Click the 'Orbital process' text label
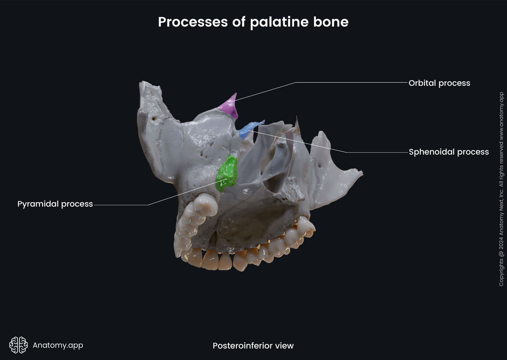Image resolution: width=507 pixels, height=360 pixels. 439,83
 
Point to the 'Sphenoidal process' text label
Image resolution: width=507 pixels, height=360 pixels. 449,152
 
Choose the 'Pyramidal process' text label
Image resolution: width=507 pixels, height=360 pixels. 55,204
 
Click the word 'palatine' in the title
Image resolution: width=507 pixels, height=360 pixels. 279,22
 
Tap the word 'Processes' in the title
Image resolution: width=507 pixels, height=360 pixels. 193,22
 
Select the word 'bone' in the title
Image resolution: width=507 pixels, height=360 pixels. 331,22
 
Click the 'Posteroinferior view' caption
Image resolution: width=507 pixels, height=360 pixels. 253,346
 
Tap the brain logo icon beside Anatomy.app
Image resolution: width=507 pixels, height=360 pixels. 18,345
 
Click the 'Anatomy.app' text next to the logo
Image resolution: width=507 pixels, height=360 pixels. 58,345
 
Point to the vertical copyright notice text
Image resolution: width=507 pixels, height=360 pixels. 501,189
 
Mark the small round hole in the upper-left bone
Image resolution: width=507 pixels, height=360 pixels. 154,118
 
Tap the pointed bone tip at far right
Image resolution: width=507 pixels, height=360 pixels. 361,173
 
